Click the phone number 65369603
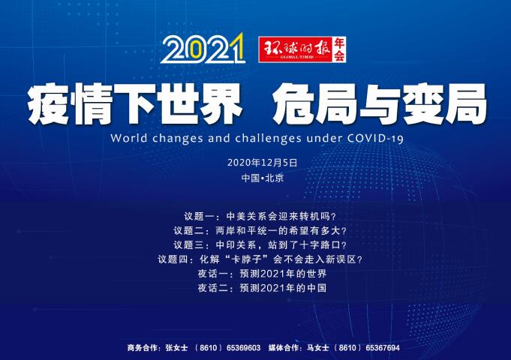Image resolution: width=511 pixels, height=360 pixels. click(x=242, y=348)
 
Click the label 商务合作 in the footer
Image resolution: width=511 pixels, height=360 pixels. click(x=143, y=348)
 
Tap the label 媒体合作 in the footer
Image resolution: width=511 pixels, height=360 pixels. click(x=283, y=348)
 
